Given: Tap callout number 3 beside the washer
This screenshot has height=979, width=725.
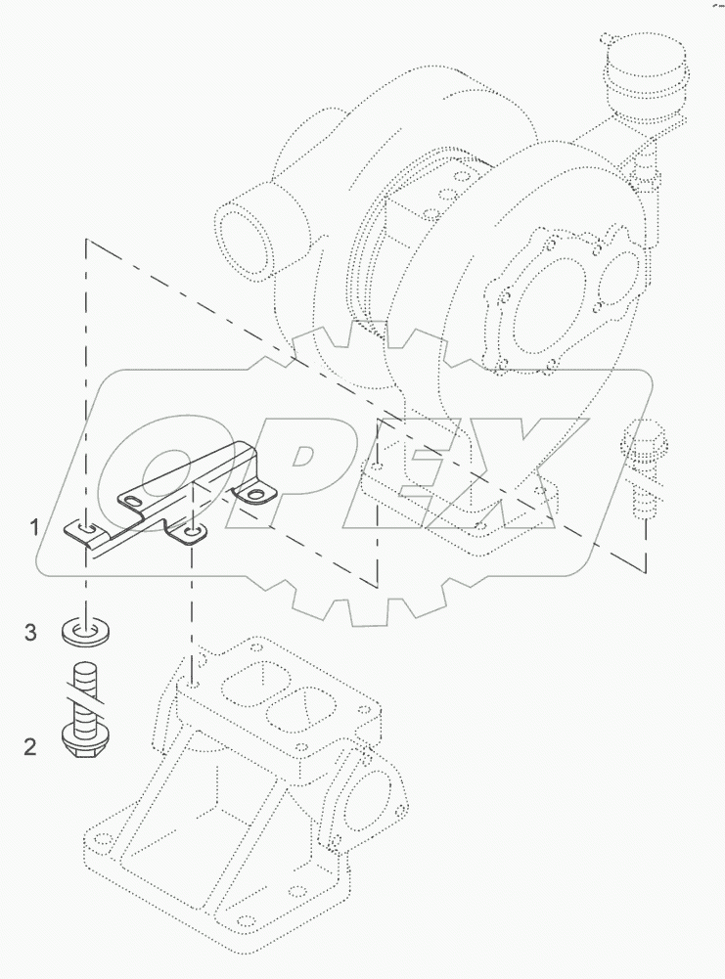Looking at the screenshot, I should point(30,633).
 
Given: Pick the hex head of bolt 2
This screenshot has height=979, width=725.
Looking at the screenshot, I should point(87,740).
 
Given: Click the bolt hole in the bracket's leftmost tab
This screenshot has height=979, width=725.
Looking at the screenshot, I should point(86,529).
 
